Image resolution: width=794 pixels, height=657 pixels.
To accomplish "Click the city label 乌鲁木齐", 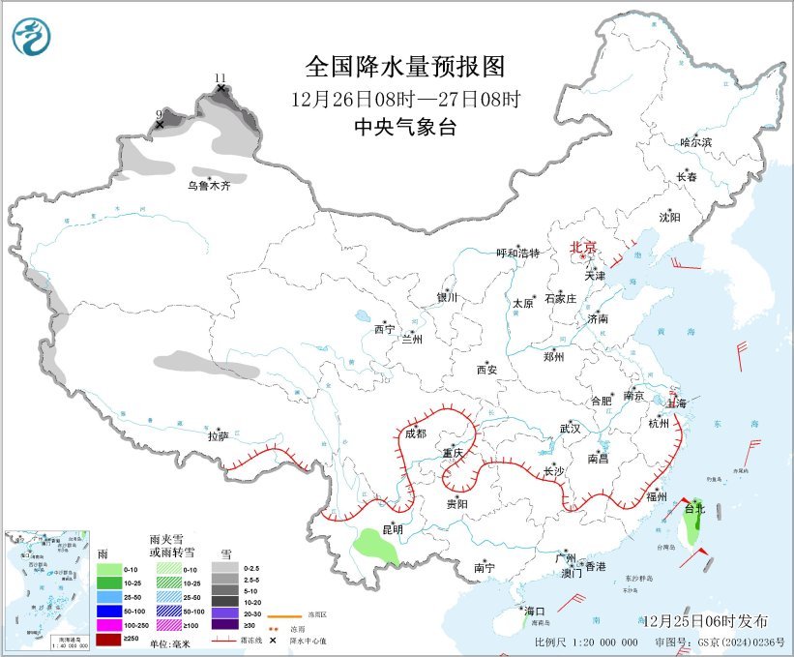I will [209, 186].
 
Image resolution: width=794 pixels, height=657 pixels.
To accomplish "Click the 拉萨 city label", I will [218, 436].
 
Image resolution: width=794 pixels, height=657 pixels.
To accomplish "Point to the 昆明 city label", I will [393, 528].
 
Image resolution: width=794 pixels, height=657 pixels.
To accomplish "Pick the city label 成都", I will [415, 434].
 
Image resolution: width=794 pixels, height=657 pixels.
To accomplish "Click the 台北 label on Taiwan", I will [695, 508].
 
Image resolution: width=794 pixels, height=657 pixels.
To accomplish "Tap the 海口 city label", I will [535, 612].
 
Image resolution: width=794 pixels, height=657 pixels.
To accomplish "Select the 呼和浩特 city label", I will [516, 253].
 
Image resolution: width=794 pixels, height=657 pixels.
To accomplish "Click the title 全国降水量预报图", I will [405, 67].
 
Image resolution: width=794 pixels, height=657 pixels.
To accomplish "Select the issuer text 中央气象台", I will [404, 127].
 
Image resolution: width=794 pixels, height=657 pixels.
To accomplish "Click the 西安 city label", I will [486, 370].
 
